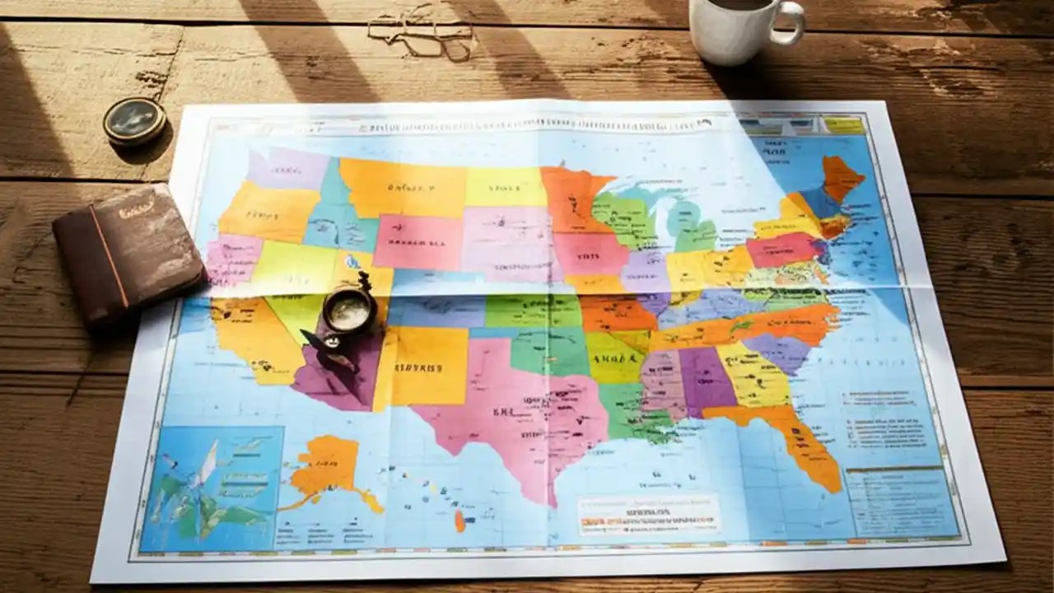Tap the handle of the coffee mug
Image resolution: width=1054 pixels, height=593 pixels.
792,23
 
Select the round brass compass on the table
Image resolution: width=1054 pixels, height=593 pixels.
134,122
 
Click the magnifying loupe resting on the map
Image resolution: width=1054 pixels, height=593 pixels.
349,311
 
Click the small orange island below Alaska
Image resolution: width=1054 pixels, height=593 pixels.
459,521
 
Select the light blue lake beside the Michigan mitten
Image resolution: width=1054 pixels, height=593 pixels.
680,219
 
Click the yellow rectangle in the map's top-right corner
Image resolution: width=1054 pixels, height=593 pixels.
844,125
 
